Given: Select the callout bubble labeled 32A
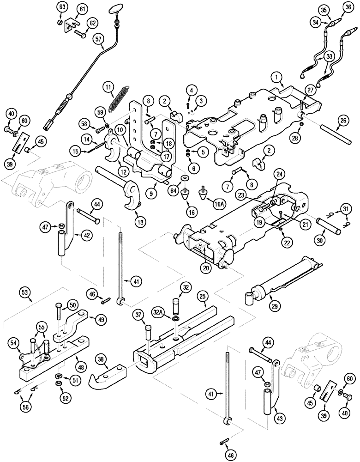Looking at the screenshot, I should pyautogui.click(x=158, y=312).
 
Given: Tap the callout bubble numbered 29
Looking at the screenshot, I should pyautogui.click(x=276, y=307).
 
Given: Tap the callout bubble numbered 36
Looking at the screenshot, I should pyautogui.click(x=347, y=8).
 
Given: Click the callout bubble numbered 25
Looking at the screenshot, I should pyautogui.click(x=202, y=294).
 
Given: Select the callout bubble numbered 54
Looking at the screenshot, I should pyautogui.click(x=14, y=342).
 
